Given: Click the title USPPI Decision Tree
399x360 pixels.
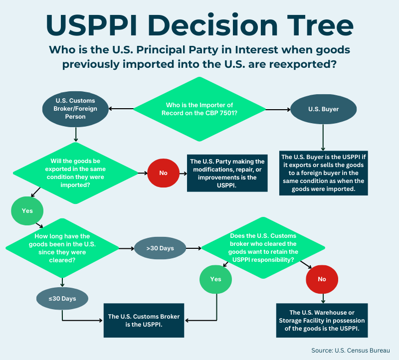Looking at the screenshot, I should coord(199,23).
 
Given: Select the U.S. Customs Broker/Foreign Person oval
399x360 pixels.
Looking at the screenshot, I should coord(75,108).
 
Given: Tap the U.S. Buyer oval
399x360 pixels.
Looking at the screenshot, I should coord(323,109).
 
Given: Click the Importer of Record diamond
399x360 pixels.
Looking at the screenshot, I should coord(199,109).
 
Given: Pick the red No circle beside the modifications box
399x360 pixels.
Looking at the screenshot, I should coord(163,173).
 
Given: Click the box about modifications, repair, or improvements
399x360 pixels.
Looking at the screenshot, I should coord(227,173).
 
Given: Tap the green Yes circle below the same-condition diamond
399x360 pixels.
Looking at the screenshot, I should coord(27,210).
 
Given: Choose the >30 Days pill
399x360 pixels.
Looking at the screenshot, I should coord(160,248).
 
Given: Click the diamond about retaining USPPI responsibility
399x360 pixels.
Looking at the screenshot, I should coord(263,248).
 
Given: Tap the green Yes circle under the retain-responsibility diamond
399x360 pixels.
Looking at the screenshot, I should coord(215,279).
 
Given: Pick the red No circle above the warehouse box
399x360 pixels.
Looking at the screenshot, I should coord(322,279).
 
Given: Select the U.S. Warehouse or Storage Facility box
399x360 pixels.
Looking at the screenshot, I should coord(322,320).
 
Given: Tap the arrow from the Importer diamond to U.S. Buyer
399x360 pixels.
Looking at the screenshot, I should coord(278,109).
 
